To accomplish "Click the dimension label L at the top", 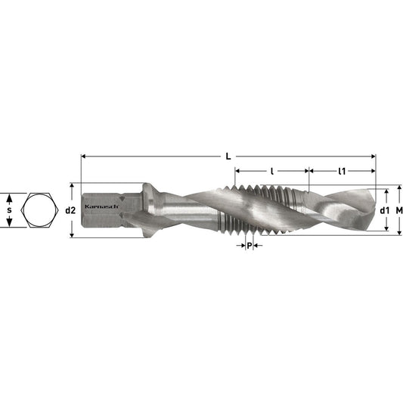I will pyautogui.click(x=228, y=157).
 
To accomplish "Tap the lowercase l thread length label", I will pyautogui.click(x=271, y=172).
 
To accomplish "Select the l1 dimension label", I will pyautogui.click(x=342, y=172).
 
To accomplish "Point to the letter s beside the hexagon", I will pyautogui.click(x=9, y=209).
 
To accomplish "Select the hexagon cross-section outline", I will pyautogui.click(x=38, y=209).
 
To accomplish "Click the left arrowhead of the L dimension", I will pyautogui.click(x=84, y=157).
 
